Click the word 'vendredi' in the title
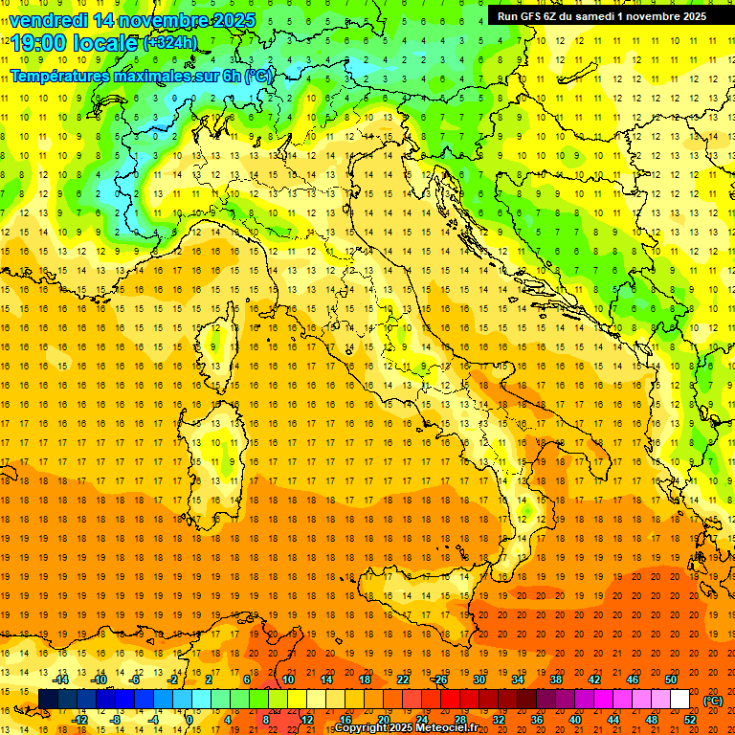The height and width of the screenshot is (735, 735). click(x=48, y=20)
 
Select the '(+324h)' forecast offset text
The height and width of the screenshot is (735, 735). click(x=170, y=42)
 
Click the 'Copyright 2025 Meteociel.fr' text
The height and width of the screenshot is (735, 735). click(x=406, y=727)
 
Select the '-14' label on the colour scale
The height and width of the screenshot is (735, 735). click(x=62, y=679)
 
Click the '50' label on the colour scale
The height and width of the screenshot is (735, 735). click(x=671, y=679)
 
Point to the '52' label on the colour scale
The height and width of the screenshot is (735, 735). click(x=689, y=720)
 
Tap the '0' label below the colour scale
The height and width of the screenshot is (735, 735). click(x=189, y=720)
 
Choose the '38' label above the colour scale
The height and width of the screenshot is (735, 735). click(x=556, y=679)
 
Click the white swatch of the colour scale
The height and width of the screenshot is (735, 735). click(x=679, y=700)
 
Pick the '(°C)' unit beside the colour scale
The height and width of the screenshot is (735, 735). click(x=713, y=701)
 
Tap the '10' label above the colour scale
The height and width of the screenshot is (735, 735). click(x=288, y=679)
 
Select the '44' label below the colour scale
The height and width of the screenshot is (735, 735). click(x=612, y=720)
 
